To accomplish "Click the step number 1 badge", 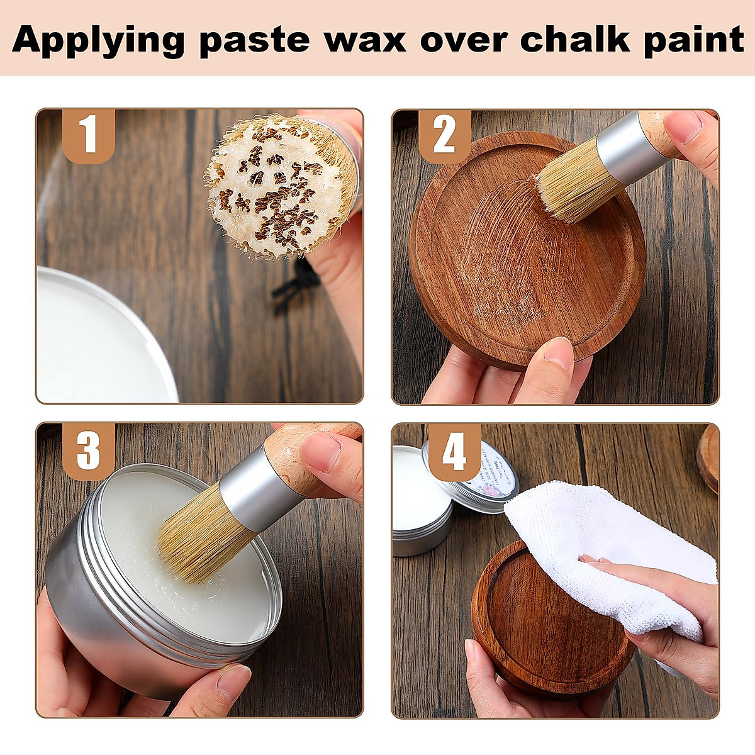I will [x=89, y=135].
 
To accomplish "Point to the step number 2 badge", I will [x=444, y=135].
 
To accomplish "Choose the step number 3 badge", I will [x=89, y=450].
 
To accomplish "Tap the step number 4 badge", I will [x=454, y=450].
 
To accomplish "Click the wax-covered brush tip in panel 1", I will [x=280, y=186].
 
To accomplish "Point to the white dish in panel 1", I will [x=94, y=340].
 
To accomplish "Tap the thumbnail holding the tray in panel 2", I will [x=557, y=352].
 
